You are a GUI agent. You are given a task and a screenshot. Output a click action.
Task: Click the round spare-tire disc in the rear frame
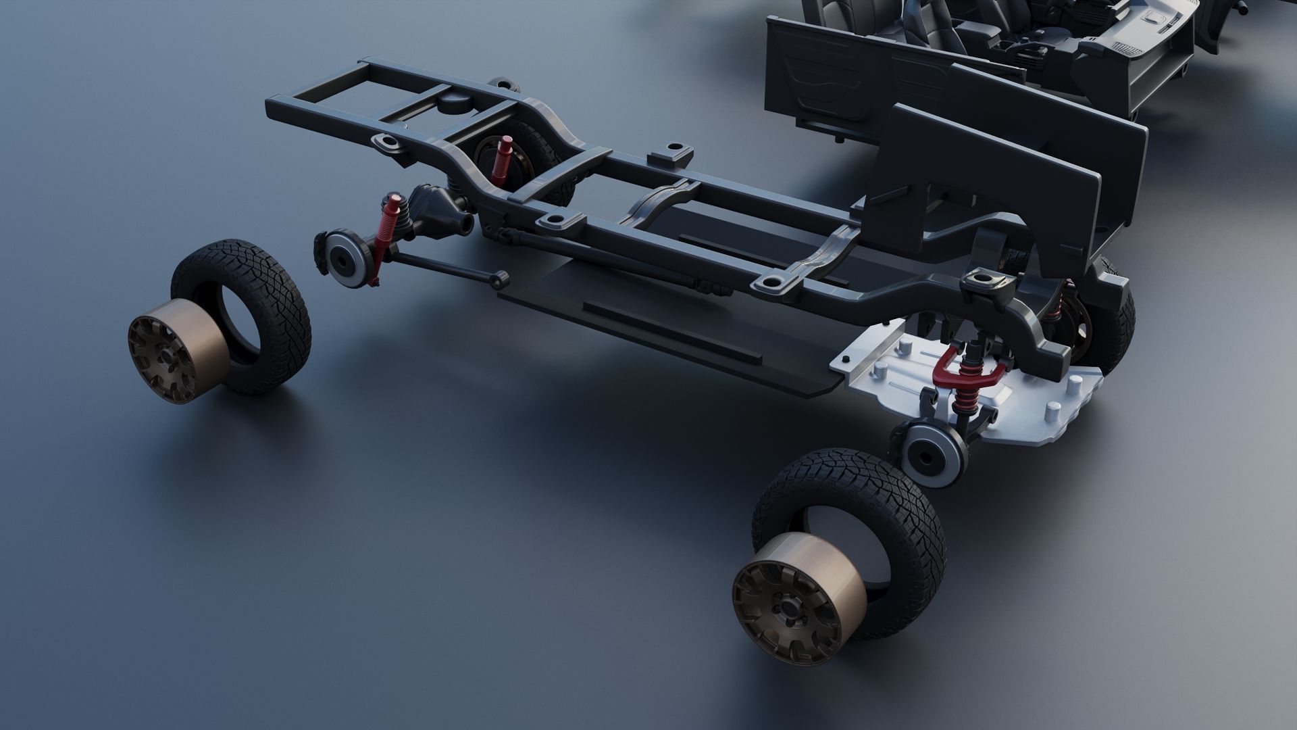click(455, 101)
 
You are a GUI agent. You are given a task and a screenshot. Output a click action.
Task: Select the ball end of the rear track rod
click(501, 276)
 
